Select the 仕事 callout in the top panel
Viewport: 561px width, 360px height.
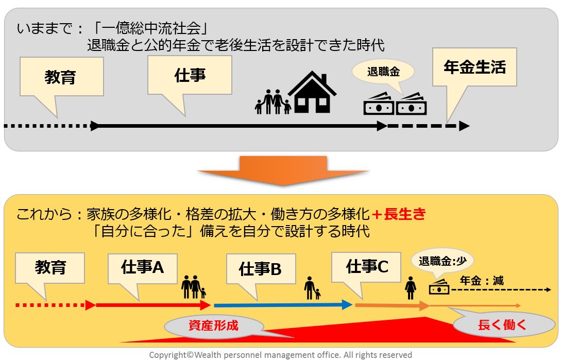tap(190, 75)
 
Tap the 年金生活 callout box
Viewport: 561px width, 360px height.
tap(474, 67)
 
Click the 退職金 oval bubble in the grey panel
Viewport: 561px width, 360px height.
tap(383, 72)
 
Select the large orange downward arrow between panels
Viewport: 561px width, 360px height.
tap(284, 170)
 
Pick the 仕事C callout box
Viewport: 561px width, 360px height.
tap(367, 266)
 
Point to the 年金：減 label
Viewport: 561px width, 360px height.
tap(482, 281)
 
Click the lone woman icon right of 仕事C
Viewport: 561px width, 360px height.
tap(411, 287)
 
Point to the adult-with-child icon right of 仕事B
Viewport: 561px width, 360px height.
tap(312, 288)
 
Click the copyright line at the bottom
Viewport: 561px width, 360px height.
tap(280, 355)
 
